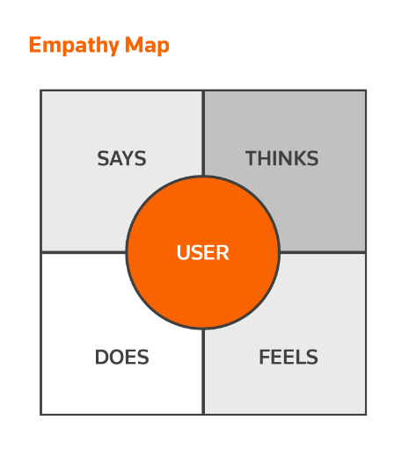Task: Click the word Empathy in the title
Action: pyautogui.click(x=74, y=46)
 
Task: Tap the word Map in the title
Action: pyautogui.click(x=147, y=46)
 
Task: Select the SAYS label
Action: pyautogui.click(x=121, y=158)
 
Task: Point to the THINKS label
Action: pyautogui.click(x=281, y=158)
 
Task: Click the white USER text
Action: pyautogui.click(x=203, y=252)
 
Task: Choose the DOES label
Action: pyautogui.click(x=122, y=357)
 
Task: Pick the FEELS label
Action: pyautogui.click(x=288, y=357)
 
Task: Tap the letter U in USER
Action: pyautogui.click(x=183, y=252)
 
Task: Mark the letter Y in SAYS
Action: pyautogui.click(x=128, y=158)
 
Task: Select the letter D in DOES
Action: pyautogui.click(x=101, y=357)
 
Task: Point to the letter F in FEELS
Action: pyautogui.click(x=265, y=357)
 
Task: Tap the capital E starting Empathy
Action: pyautogui.click(x=35, y=45)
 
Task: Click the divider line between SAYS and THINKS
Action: pyautogui.click(x=203, y=134)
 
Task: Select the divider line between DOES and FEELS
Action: pyautogui.click(x=203, y=372)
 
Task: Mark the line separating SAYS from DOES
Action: pyautogui.click(x=84, y=252)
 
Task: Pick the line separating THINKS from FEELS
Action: pyautogui.click(x=323, y=252)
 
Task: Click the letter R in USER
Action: pyautogui.click(x=223, y=252)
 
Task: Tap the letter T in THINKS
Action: pyautogui.click(x=252, y=158)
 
